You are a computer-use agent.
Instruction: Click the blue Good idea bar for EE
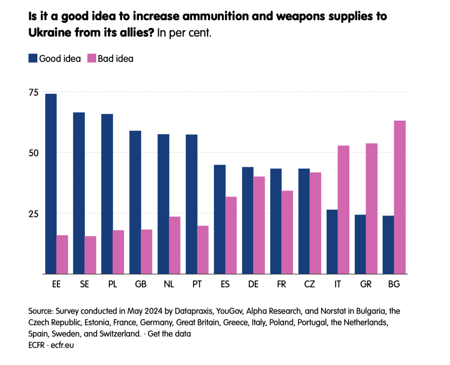[51, 184]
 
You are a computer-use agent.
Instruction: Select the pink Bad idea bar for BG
[400, 197]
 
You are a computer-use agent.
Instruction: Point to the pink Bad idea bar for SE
[91, 255]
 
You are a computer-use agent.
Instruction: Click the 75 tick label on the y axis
[34, 92]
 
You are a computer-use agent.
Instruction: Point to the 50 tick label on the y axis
[34, 153]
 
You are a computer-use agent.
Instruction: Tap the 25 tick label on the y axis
[34, 214]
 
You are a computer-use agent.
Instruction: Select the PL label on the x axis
[112, 284]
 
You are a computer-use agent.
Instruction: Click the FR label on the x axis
[282, 284]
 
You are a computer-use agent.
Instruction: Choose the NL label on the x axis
[169, 284]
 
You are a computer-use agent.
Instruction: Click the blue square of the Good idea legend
[33, 58]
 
